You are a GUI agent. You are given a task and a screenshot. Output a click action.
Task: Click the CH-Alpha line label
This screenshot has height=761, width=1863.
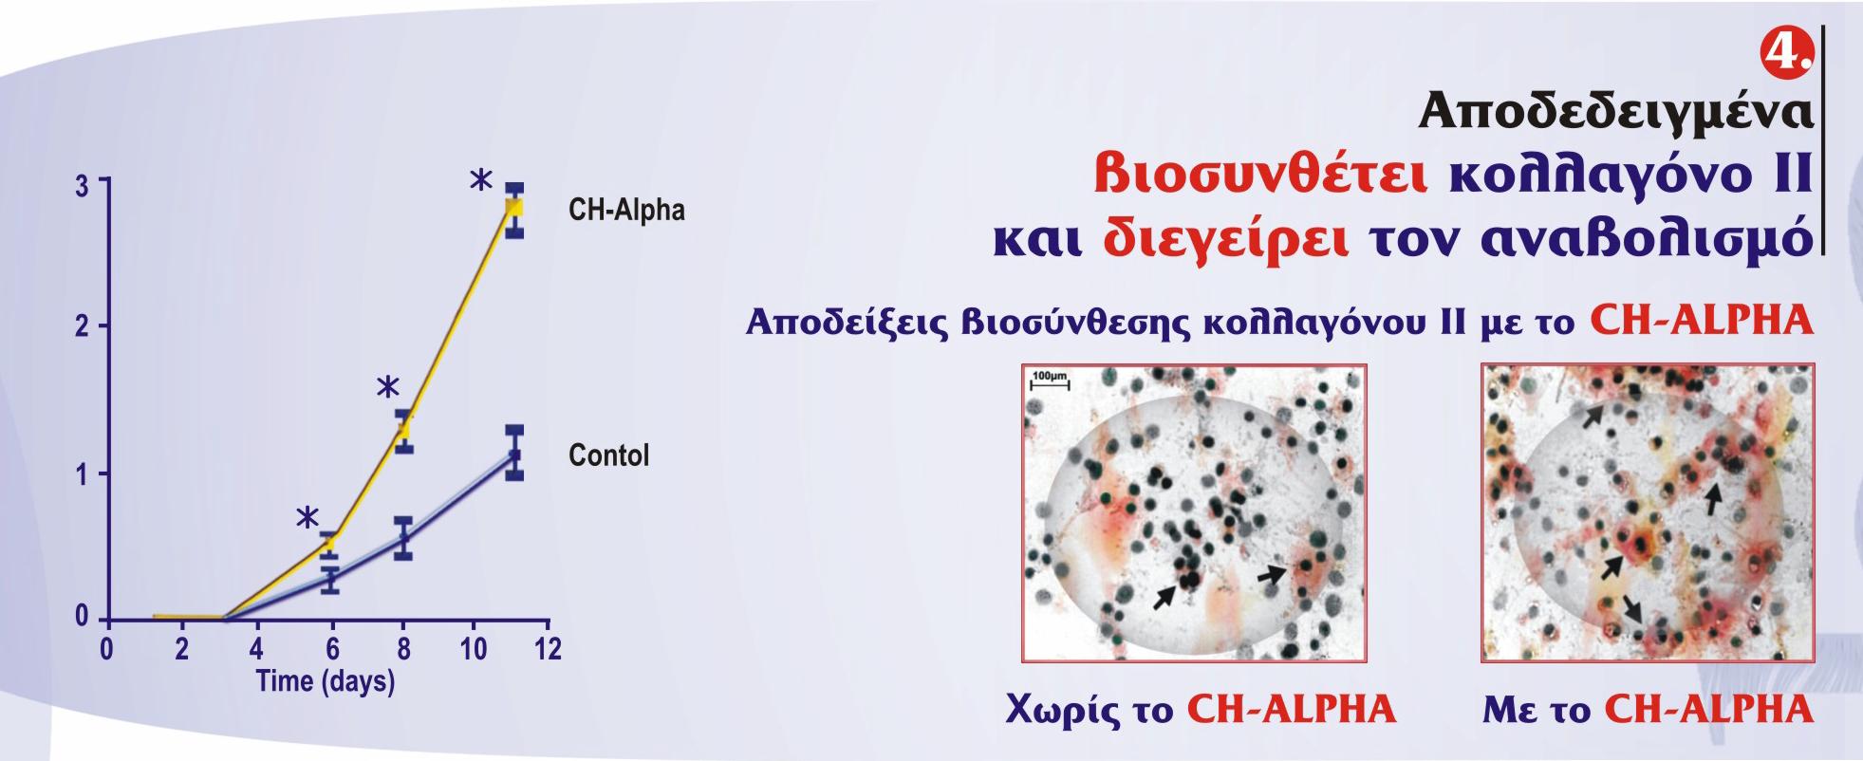[626, 210]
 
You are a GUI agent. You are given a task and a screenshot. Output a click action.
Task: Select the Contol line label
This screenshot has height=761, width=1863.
[608, 455]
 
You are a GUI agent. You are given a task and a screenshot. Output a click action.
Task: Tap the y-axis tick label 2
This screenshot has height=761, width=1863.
[84, 328]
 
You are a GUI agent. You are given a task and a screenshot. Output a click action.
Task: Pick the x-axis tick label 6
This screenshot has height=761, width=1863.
[331, 649]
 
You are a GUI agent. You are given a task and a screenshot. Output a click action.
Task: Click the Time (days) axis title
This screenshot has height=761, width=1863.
[325, 680]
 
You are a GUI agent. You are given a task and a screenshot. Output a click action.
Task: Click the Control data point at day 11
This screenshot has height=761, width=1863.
[514, 454]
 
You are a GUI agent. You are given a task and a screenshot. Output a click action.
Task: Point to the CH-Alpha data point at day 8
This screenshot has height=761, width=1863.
[403, 431]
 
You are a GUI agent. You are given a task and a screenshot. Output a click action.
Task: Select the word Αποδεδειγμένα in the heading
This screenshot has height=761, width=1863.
[1615, 113]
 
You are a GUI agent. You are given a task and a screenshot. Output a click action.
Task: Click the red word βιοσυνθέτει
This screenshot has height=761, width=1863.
[1260, 176]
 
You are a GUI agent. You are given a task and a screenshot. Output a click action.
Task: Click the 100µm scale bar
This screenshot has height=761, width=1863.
[1050, 380]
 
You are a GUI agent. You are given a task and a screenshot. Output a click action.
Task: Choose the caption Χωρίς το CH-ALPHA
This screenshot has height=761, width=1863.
[1201, 709]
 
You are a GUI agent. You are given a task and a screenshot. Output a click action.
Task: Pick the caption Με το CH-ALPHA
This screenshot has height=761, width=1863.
[1649, 709]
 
